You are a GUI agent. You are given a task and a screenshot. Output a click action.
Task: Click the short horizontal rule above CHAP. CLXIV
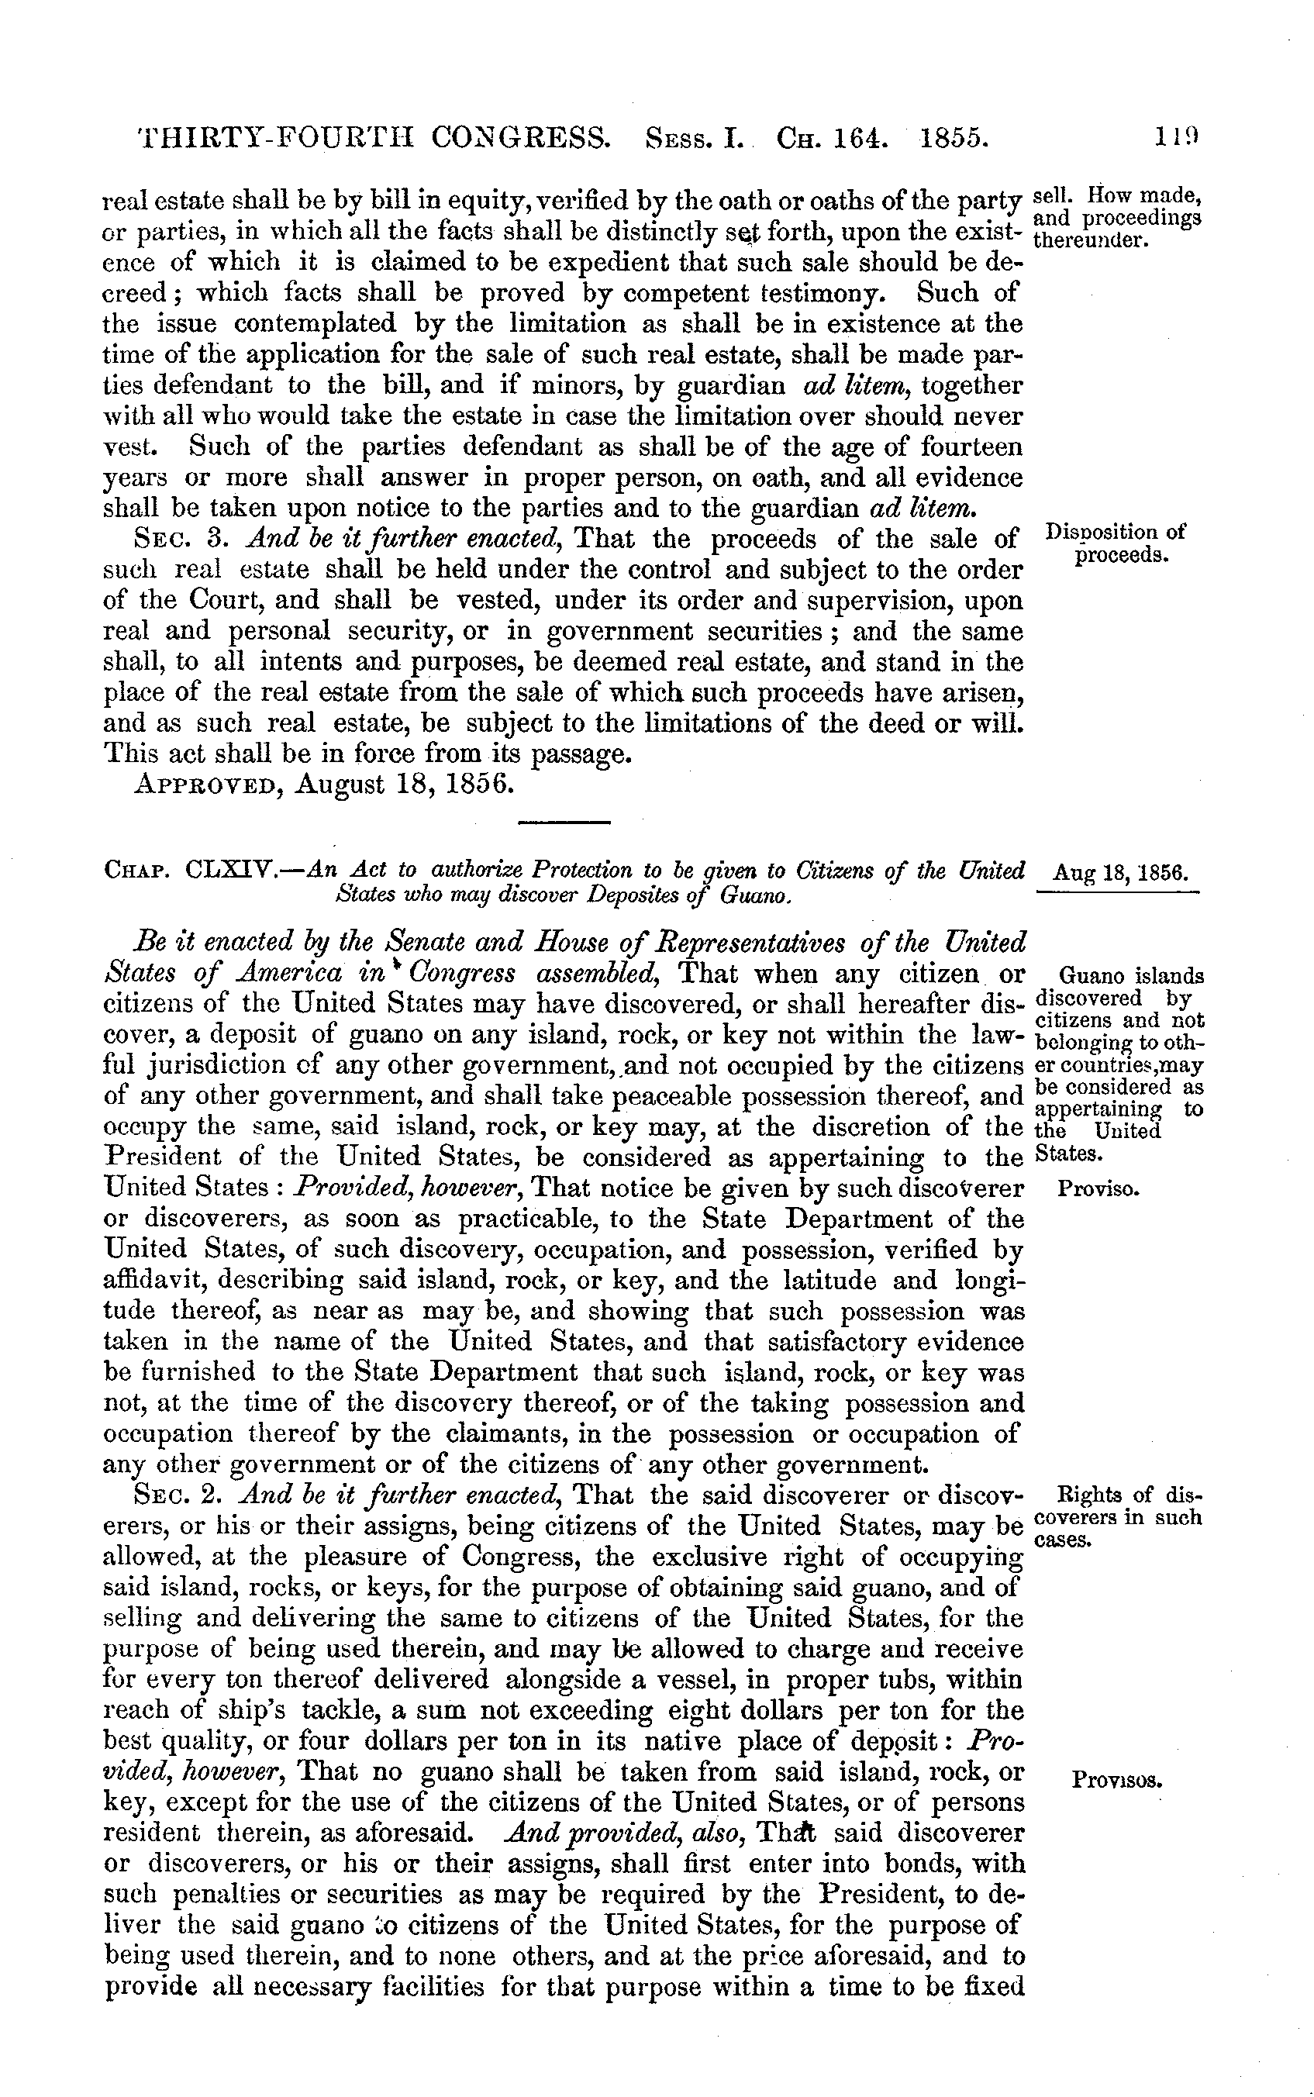[564, 821]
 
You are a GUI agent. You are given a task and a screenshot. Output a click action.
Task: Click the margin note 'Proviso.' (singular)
[1098, 1189]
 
